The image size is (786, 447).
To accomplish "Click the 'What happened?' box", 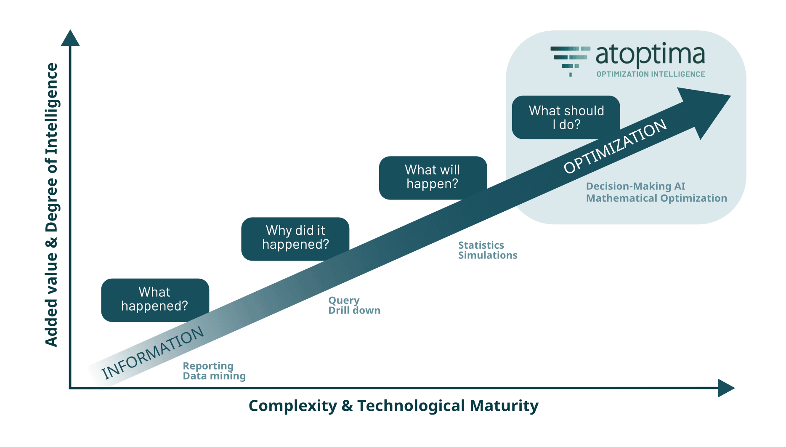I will (155, 299).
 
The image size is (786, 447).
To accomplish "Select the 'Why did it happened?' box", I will (295, 238).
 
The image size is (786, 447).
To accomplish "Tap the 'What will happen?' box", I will (433, 177).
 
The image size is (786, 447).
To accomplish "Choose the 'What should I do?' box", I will (566, 117).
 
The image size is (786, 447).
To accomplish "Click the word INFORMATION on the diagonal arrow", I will (153, 353).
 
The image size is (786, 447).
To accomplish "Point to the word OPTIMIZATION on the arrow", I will (615, 146).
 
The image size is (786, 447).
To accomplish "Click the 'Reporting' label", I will (208, 366).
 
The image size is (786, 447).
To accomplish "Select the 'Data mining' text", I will (214, 376).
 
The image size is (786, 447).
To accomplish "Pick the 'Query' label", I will (344, 301).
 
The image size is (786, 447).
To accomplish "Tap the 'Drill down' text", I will (354, 311).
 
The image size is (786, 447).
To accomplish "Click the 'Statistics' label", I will (481, 245).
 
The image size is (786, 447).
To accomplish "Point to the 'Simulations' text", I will (488, 255).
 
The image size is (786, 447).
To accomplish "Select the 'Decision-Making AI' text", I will (635, 186).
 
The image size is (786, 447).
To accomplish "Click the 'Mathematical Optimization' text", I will (656, 198).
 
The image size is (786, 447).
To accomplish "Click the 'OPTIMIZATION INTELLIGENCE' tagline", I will (651, 74).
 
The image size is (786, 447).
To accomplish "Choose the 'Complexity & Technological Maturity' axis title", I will (393, 406).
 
